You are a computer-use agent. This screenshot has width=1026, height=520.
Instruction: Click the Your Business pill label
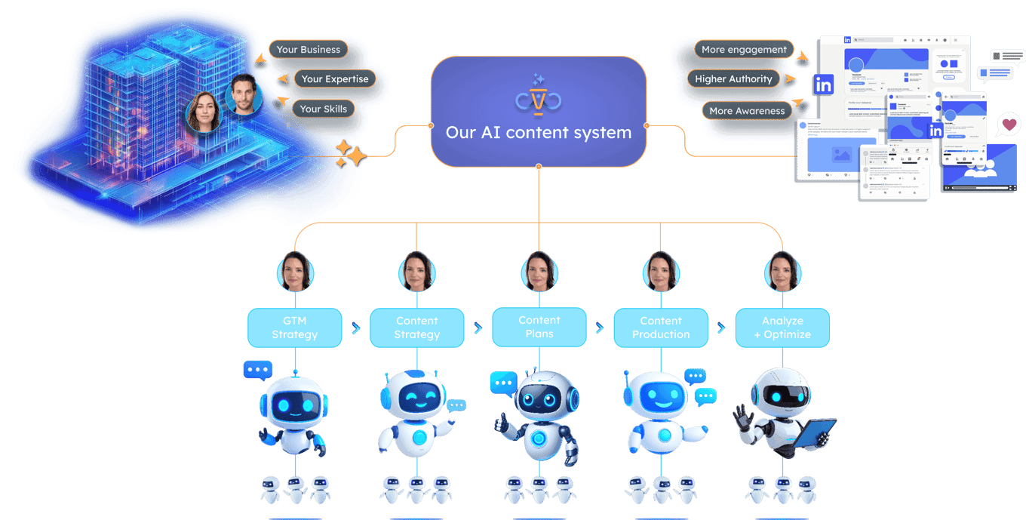308,50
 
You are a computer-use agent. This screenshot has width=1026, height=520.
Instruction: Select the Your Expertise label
335,79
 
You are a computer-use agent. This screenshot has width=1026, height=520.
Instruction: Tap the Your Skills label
323,109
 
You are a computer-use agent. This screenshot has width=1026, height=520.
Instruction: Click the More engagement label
744,50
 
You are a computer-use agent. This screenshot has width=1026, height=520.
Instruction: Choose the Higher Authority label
733,79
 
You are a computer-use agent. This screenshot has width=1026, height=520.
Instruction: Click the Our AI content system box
539,111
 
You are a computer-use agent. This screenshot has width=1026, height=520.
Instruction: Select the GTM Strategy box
295,328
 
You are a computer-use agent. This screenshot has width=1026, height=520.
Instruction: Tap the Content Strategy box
416,328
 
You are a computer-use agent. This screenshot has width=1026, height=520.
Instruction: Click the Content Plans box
539,327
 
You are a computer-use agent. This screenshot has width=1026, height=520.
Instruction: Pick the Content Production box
661,328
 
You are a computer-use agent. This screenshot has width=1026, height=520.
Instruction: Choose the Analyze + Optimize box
782,328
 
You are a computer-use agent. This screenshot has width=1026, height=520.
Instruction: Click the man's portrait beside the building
244,94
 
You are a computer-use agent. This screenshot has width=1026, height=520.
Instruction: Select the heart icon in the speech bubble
1009,125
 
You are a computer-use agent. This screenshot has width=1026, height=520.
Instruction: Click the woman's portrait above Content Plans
539,270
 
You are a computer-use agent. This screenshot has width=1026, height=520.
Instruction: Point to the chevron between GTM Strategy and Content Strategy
355,328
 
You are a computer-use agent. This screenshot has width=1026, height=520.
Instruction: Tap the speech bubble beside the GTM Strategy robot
257,370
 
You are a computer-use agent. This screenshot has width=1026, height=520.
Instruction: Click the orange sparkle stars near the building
349,153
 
